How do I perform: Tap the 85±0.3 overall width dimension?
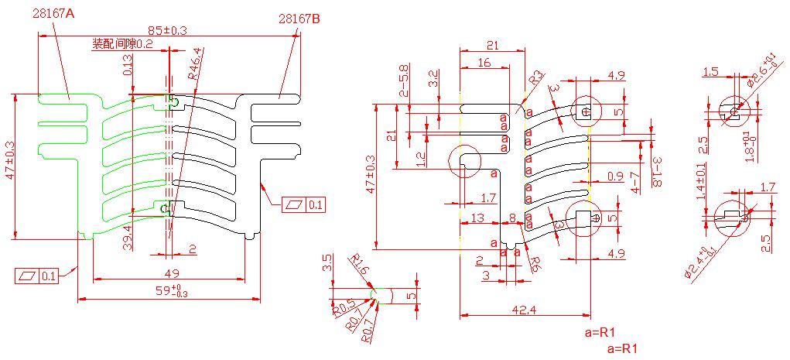(167, 30)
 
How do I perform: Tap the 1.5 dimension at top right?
(710, 72)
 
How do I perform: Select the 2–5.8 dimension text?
(404, 81)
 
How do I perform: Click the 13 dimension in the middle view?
(478, 218)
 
